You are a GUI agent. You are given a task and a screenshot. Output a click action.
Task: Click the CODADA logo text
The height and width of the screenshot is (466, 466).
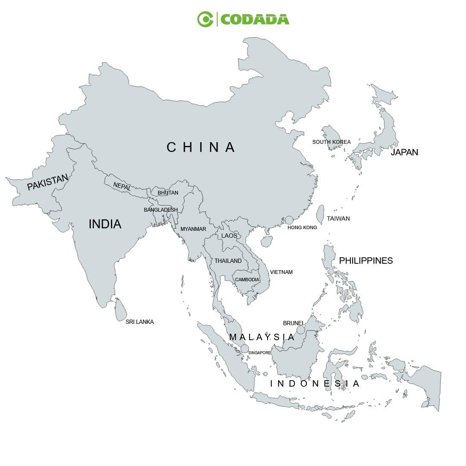(255, 20)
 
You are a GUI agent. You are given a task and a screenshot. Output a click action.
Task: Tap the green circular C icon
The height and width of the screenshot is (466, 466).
(205, 19)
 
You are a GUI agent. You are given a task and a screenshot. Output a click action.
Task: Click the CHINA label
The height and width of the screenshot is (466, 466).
(201, 147)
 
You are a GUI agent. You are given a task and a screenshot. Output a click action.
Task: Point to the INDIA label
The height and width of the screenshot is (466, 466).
(105, 224)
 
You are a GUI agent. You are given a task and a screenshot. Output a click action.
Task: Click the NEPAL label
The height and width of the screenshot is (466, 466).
(122, 186)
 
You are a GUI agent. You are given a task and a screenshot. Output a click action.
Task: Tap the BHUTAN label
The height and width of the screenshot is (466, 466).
(168, 193)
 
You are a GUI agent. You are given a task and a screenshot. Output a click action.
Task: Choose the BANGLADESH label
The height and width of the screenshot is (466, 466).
(160, 210)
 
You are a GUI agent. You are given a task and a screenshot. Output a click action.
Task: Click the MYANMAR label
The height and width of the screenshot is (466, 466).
(193, 229)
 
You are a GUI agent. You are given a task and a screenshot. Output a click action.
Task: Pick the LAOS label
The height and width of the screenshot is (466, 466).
(229, 236)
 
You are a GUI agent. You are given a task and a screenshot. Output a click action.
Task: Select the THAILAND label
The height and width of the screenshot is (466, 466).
(228, 261)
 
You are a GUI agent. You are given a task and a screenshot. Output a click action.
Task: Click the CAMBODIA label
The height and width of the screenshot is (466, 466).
(247, 280)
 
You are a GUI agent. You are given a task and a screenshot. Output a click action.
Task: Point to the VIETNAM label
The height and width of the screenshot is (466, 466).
(281, 272)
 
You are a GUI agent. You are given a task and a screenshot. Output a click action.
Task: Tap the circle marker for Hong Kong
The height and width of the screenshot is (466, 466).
(289, 220)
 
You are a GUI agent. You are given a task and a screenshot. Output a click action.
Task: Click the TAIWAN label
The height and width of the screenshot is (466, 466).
(338, 218)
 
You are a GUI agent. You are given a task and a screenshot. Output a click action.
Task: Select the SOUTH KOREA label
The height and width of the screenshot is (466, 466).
(331, 142)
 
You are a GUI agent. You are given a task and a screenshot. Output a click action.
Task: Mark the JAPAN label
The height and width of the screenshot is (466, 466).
(404, 152)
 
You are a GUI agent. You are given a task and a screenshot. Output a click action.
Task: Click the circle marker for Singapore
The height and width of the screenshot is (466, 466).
(245, 348)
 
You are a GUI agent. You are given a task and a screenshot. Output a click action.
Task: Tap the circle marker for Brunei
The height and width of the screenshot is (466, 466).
(301, 330)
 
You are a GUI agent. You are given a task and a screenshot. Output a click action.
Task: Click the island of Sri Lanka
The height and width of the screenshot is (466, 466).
(120, 309)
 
